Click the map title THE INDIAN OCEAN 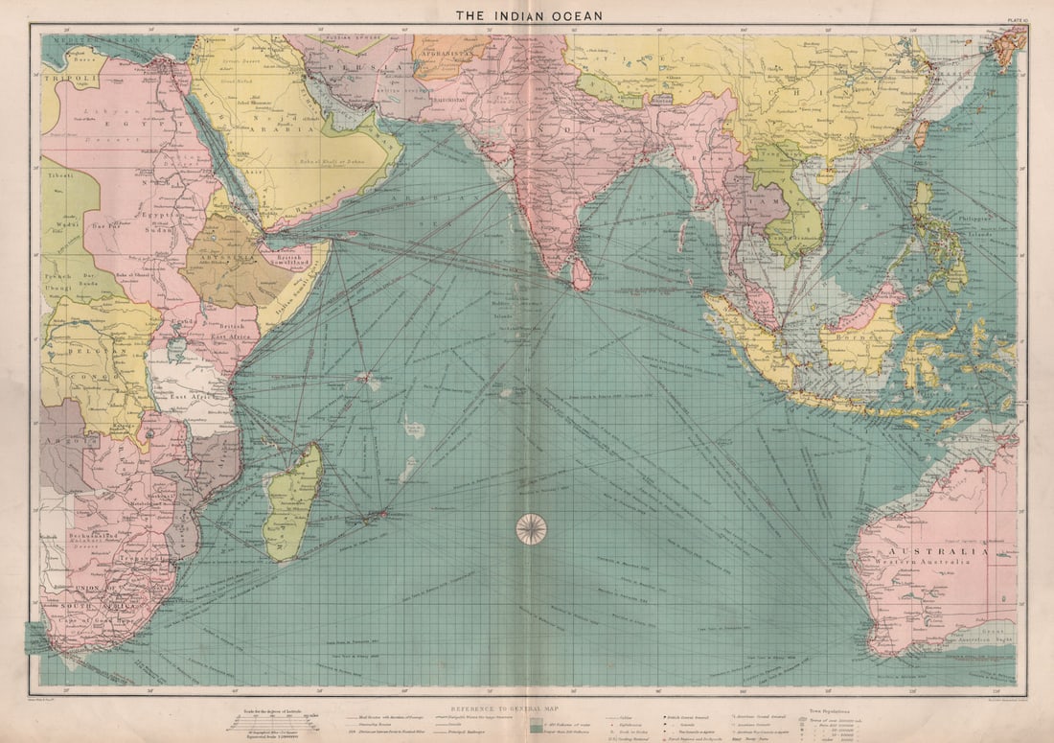pos(528,14)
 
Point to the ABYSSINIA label pos(223,257)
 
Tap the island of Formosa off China pos(922,133)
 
